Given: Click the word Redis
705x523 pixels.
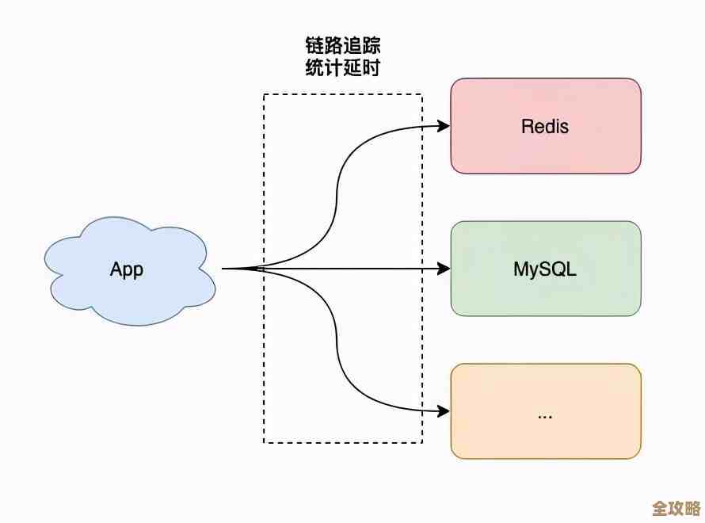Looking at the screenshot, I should pos(545,126).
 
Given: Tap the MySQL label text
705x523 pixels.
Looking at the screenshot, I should pos(545,269).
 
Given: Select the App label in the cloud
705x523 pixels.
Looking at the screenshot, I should pos(127,269).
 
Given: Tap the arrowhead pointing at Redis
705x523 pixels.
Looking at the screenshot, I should pos(444,125).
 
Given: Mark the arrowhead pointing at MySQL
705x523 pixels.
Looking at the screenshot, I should pos(444,269).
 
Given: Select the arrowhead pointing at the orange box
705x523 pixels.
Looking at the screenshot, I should pos(444,411).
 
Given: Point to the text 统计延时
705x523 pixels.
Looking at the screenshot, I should pos(343,68).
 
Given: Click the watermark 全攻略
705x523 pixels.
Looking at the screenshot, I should pos(675,508).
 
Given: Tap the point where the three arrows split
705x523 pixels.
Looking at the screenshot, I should pos(259,269).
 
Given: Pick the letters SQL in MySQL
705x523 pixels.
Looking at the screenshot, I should pos(561,269).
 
